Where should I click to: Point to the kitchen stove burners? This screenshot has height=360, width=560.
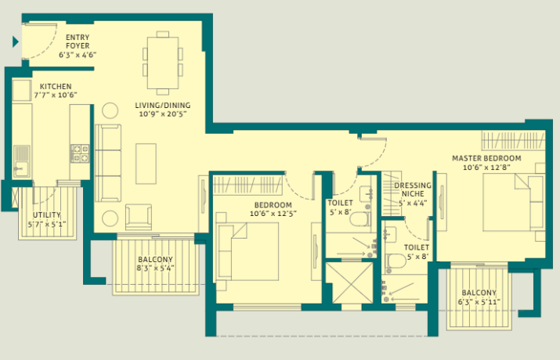point(80,153)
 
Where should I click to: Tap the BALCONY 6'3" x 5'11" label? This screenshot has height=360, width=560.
point(479,297)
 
